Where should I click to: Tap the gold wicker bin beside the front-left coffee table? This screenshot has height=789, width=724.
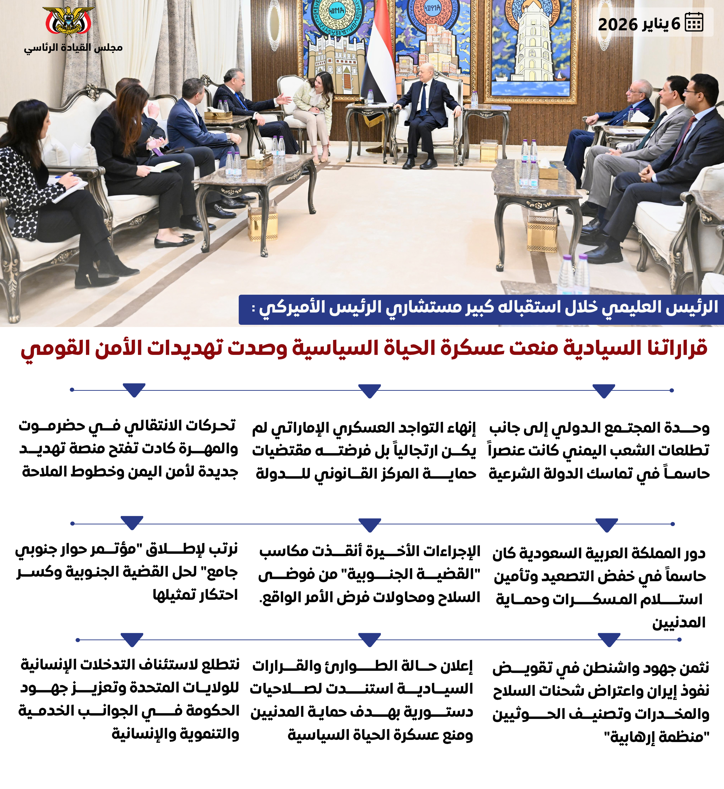click(x=263, y=223)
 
